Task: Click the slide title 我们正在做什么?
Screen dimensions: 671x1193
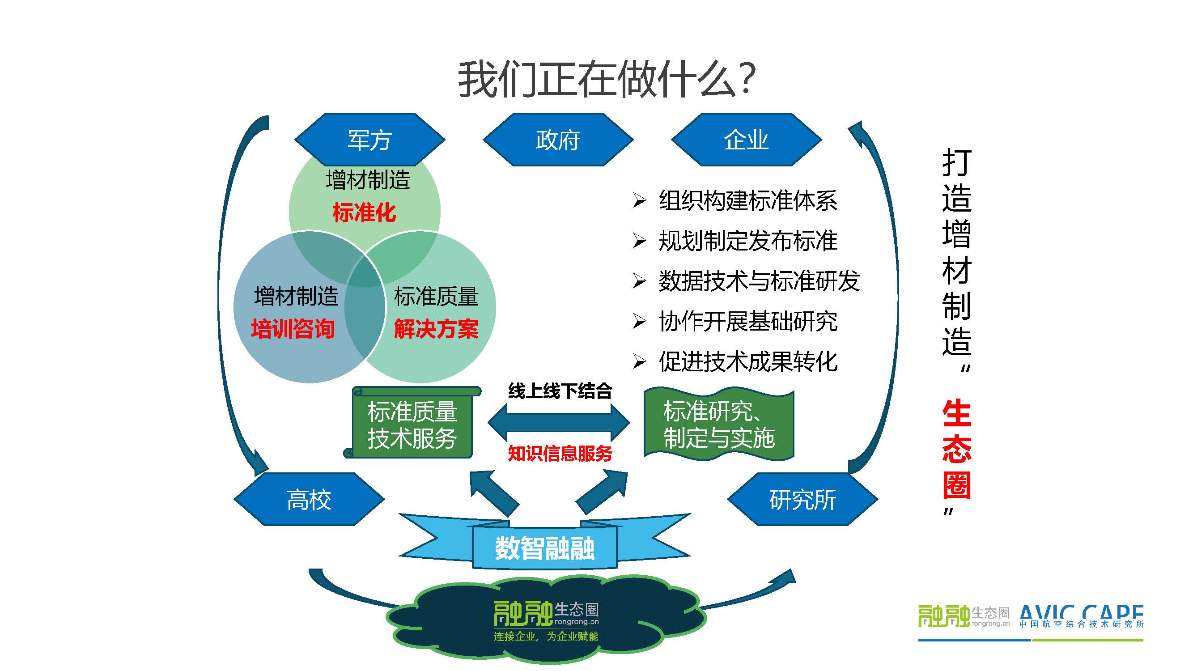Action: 607,80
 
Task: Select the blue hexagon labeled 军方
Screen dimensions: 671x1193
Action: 369,140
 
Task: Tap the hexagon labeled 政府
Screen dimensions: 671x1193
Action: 558,140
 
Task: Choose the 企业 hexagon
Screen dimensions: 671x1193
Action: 746,140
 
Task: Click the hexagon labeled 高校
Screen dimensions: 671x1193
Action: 309,499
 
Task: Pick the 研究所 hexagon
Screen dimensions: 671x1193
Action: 802,499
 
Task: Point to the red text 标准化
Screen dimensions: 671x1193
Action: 364,213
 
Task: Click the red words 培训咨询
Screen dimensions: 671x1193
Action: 293,329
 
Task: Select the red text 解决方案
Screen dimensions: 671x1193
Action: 436,329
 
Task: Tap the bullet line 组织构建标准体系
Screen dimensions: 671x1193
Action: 747,200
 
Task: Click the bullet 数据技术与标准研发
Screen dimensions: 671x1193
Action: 759,281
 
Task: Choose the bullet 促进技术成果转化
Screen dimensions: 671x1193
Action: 747,361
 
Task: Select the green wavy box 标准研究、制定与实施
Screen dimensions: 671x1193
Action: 718,424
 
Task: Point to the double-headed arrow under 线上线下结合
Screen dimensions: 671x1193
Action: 559,422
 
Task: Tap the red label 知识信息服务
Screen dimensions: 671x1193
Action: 560,453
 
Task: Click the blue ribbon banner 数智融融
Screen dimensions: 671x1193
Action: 545,548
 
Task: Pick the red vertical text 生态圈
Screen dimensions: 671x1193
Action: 956,450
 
